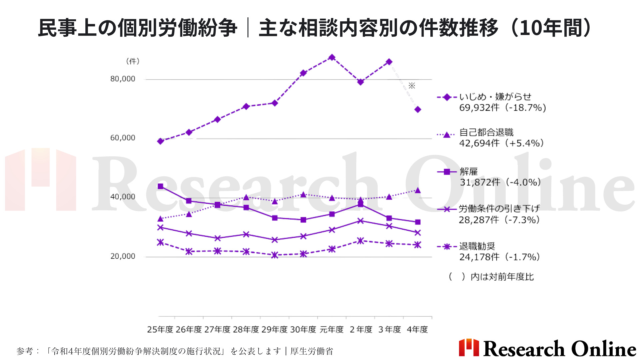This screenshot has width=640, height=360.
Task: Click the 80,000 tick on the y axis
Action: [x=123, y=79]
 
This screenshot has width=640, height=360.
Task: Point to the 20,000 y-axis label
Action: [x=123, y=256]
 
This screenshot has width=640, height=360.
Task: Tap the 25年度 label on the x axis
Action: [x=160, y=330]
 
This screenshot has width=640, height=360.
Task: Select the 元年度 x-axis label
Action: [x=331, y=330]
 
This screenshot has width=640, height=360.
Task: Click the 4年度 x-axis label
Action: [x=417, y=330]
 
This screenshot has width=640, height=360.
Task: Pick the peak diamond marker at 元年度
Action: [x=332, y=57]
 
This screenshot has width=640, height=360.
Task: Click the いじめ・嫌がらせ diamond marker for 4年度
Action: [x=418, y=109]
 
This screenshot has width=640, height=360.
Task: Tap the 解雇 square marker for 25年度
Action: [x=160, y=186]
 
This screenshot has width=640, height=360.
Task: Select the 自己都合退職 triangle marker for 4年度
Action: [x=418, y=190]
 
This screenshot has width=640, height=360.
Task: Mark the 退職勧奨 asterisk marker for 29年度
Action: [x=275, y=255]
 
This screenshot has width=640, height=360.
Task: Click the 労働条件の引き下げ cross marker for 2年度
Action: [x=360, y=221]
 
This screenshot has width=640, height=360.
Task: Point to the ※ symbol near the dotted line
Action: [x=412, y=86]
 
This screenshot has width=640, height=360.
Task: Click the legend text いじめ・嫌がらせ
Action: [x=495, y=97]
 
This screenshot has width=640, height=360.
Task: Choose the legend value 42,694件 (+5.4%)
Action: [x=501, y=143]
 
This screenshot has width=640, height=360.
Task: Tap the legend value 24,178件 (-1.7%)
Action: [x=499, y=257]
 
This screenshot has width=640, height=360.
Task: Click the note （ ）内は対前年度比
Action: [x=491, y=277]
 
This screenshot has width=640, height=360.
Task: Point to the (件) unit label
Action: [x=133, y=61]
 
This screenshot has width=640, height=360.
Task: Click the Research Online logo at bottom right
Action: [x=547, y=348]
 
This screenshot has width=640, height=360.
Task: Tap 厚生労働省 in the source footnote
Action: [x=312, y=351]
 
